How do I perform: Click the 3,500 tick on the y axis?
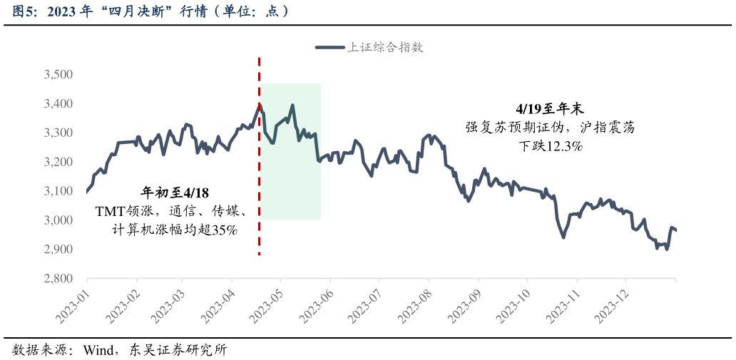pyautogui.click(x=58, y=75)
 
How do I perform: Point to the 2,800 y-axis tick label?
pyautogui.click(x=58, y=279)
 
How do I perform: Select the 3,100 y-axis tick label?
pyautogui.click(x=58, y=191)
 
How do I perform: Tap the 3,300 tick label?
pyautogui.click(x=58, y=133)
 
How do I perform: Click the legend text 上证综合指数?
pyautogui.click(x=385, y=48)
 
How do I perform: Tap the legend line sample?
pyautogui.click(x=330, y=48)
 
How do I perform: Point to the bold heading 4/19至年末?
pyautogui.click(x=549, y=108)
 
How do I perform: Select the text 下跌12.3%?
pyautogui.click(x=550, y=146)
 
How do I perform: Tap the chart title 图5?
pyautogui.click(x=21, y=11)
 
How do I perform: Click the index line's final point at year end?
pyautogui.click(x=675, y=230)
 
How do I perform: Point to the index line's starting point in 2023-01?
pyautogui.click(x=86, y=191)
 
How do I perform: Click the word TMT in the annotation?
pyautogui.click(x=109, y=212)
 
